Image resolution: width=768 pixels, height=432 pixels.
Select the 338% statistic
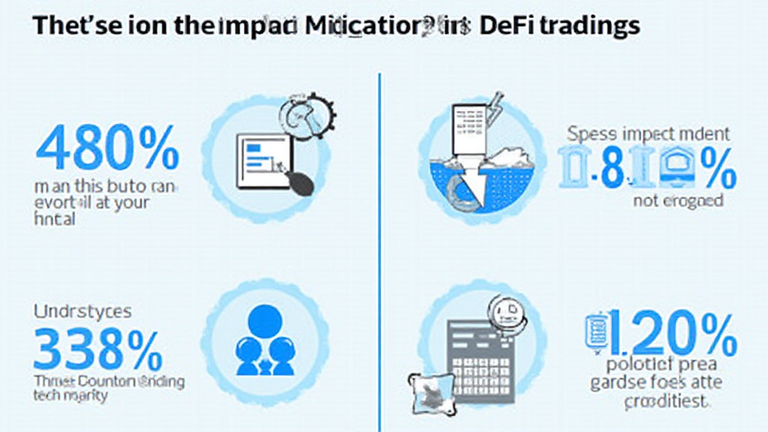click(x=97, y=347)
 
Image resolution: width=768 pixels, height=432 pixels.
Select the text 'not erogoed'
click(x=677, y=200)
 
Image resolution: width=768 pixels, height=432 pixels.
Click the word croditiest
click(x=665, y=401)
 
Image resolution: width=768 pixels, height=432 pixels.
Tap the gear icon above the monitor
click(x=308, y=116)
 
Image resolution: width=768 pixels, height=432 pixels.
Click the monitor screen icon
click(x=263, y=160)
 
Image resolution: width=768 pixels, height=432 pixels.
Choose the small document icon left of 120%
click(x=595, y=331)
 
